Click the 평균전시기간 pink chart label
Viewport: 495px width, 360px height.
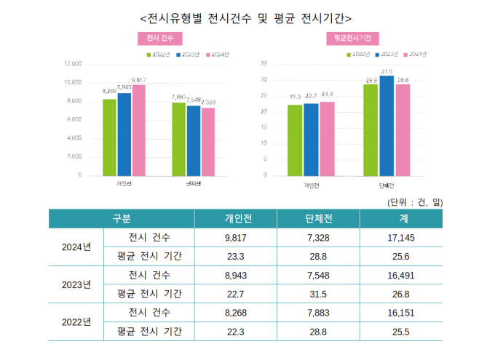[x=352, y=38]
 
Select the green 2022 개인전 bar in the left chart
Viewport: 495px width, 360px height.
[x=109, y=137]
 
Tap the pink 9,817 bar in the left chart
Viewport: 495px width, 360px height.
[x=138, y=130]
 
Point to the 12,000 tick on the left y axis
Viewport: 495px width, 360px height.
[x=72, y=63]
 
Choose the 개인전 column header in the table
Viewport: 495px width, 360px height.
[x=236, y=219]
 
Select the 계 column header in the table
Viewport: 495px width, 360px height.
[x=401, y=219]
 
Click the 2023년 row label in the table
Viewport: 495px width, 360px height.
[x=76, y=284]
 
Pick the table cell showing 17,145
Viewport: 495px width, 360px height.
[x=401, y=238]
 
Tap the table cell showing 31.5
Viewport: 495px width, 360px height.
[x=319, y=294]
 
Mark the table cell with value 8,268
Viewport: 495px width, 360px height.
[x=236, y=313]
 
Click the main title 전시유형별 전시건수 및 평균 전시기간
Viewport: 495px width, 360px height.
[x=245, y=15]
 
